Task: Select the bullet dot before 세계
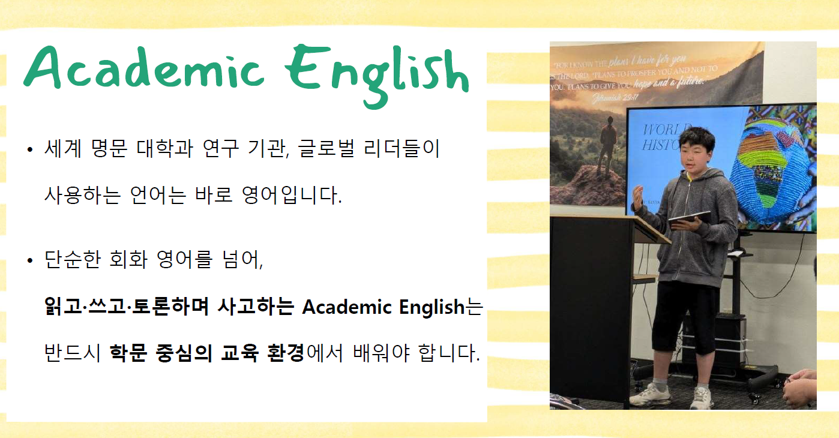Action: tap(29, 149)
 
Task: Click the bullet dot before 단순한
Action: tap(29, 261)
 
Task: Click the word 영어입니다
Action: tap(290, 196)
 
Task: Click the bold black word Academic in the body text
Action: tap(340, 307)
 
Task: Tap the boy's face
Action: tap(699, 153)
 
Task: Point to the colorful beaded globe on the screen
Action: tap(769, 171)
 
